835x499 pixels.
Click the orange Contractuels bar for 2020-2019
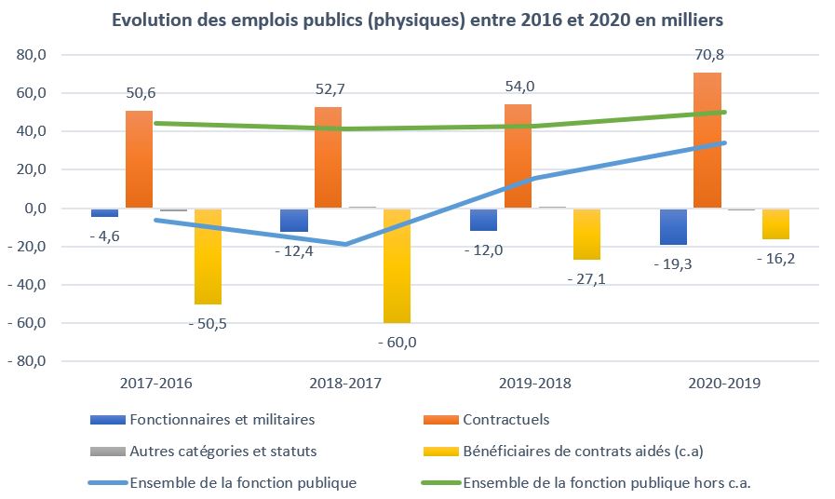[x=707, y=141]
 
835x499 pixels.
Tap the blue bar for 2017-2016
[x=104, y=213]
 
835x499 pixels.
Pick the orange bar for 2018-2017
[x=328, y=157]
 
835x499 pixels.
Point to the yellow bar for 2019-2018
[x=587, y=234]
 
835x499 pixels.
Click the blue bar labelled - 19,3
[x=674, y=226]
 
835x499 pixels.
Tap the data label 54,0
[x=519, y=87]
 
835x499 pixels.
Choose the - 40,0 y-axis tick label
[x=28, y=285]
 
